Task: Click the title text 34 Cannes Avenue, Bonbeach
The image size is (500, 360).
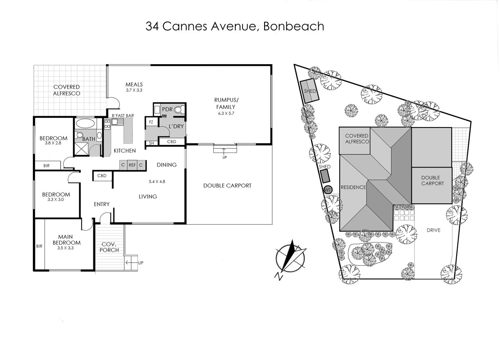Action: [235, 27]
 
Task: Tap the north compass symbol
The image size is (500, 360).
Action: [291, 257]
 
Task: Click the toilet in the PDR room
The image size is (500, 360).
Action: [178, 110]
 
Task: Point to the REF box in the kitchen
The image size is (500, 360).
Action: [132, 165]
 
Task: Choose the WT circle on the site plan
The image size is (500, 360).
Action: [328, 190]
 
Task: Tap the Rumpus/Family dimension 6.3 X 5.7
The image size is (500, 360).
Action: [225, 113]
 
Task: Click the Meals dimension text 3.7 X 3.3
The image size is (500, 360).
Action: [134, 90]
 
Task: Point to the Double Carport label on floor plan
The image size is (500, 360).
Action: [227, 185]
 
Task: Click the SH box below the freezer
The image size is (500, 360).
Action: [150, 143]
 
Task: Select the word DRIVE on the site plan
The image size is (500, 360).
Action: [433, 230]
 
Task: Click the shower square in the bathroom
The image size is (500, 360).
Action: [81, 148]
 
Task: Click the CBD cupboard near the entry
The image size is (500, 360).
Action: [102, 176]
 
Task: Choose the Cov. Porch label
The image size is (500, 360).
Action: [110, 247]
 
